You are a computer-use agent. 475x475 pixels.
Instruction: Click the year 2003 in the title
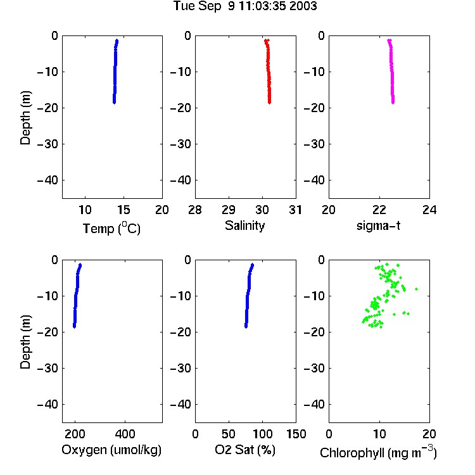pos(303,6)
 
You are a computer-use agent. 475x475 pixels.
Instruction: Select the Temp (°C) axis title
pos(111,229)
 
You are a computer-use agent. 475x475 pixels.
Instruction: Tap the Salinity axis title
pos(244,225)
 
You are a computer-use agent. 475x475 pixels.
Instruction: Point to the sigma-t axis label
pos(378,225)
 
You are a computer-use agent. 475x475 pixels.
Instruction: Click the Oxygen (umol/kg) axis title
pos(111,450)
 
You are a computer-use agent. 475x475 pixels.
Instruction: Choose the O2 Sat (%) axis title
pos(245,450)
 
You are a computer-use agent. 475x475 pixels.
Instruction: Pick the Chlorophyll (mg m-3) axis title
pos(378,452)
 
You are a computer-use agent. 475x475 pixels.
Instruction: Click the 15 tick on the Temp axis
pos(123,210)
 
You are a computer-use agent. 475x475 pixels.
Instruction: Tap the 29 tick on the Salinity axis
pos(229,210)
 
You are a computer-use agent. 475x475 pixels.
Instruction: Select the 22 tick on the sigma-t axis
pos(379,210)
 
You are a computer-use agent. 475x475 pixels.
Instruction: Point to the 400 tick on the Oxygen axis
pos(125,434)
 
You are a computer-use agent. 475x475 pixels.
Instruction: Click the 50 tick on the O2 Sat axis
pos(229,434)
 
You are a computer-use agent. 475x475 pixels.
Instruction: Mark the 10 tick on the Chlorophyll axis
pos(379,434)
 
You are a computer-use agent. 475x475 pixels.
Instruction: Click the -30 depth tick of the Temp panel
pos(47,144)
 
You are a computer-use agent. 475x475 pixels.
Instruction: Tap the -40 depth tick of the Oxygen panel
pos(47,404)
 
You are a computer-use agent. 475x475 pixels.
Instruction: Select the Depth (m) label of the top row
pos(25,118)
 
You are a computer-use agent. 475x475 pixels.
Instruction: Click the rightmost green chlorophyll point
pos(417,289)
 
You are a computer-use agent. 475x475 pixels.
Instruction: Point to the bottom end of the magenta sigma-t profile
pos(393,103)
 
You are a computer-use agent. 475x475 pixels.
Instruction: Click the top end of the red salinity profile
pos(267,41)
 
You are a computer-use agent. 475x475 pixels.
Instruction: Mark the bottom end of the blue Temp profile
pos(114,103)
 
